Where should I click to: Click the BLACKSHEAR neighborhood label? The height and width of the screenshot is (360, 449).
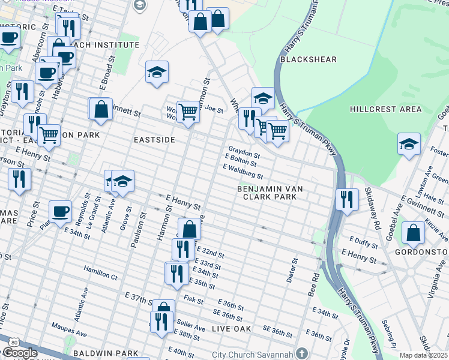coord(308,59)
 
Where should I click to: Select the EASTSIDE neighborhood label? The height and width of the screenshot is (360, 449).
coord(154,139)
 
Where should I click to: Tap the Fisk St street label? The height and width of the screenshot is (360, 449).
coord(194,299)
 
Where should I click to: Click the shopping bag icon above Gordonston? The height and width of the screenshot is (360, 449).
coord(413,233)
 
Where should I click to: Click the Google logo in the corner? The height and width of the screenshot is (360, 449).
coord(19,353)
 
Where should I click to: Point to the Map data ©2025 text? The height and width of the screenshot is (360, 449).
coord(424,355)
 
